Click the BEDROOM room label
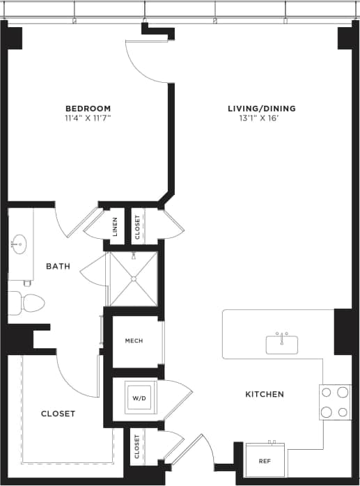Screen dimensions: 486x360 (88, 108)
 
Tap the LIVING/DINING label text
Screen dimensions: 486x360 (262, 108)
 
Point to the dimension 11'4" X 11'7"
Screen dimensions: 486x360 (88, 118)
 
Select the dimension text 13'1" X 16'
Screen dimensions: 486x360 (262, 118)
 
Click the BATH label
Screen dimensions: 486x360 (58, 266)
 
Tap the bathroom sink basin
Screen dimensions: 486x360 (19, 244)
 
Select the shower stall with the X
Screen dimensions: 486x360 (134, 279)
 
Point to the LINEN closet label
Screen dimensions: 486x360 (115, 226)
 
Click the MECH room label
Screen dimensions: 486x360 (134, 340)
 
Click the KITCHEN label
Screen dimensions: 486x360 (265, 394)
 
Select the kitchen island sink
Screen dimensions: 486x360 (282, 344)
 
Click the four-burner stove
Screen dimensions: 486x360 (334, 402)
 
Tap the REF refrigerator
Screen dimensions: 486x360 (264, 460)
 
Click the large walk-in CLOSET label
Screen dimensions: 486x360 (58, 414)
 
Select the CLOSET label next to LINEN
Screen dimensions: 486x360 (137, 226)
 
